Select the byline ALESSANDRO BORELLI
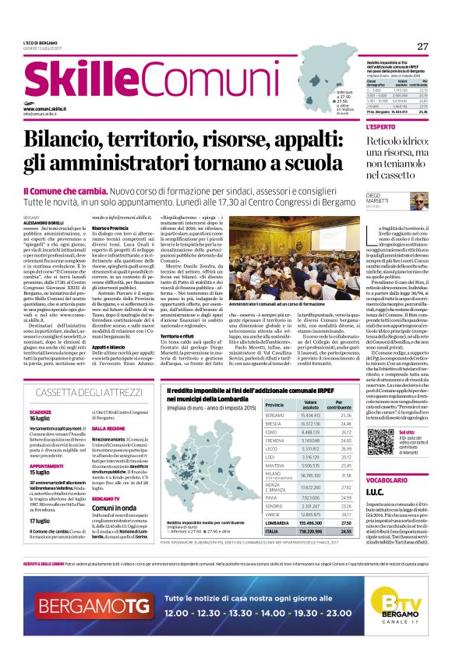click(x=44, y=222)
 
